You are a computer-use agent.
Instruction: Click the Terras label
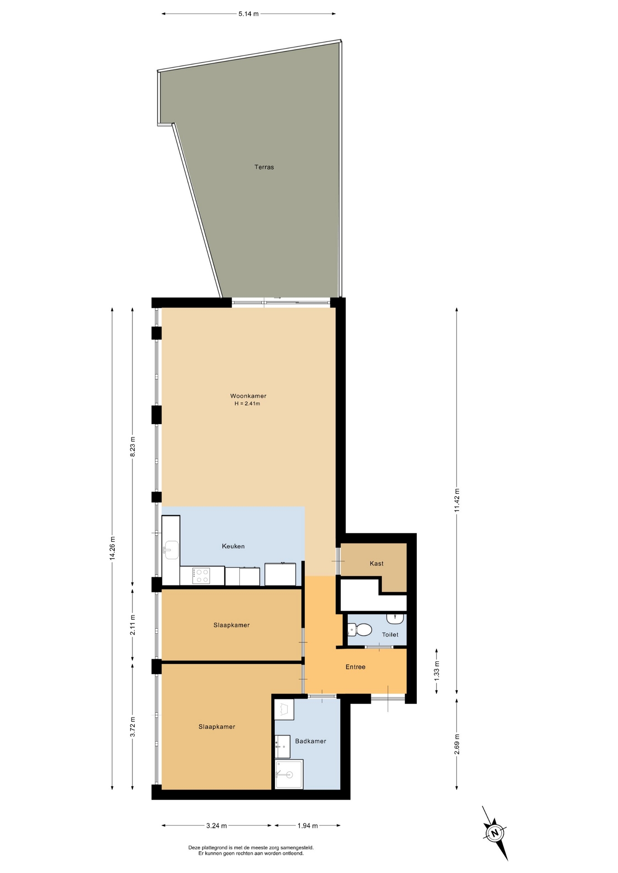264,167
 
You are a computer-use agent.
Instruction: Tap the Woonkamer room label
248,396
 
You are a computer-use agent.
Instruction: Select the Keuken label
233,546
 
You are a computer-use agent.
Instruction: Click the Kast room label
376,563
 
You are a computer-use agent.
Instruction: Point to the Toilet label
390,634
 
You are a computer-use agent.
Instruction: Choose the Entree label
355,667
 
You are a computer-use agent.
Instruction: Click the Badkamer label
310,741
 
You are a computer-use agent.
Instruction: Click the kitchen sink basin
171,550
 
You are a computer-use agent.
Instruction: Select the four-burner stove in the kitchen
201,576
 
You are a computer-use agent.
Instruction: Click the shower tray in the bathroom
289,774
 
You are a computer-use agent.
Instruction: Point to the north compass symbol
495,833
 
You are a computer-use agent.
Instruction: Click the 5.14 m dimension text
248,14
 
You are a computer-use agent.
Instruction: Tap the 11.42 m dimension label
457,500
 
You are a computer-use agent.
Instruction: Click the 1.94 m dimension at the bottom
308,825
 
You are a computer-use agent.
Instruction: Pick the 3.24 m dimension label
217,825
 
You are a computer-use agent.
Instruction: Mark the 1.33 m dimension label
437,671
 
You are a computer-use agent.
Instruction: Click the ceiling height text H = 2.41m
247,403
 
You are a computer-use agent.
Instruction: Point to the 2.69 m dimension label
457,744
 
